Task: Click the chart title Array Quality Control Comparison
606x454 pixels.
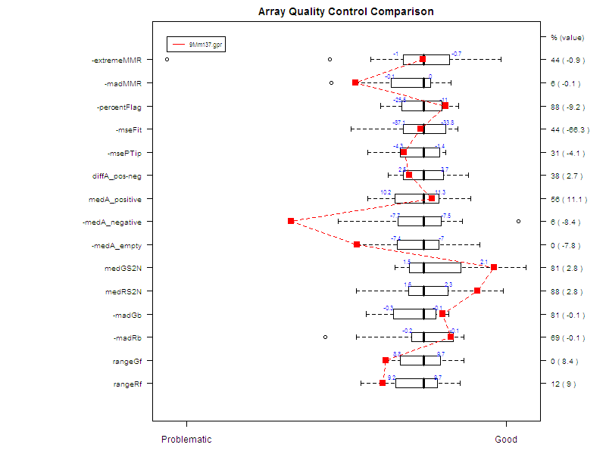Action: coord(346,12)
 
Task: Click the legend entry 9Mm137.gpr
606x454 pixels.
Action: coord(205,45)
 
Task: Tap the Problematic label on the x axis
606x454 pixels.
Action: coord(186,440)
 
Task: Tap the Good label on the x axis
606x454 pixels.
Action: coord(506,440)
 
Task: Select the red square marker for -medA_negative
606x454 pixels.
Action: coord(291,221)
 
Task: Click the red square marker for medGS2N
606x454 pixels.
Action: coord(494,267)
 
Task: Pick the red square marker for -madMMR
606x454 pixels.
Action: coord(355,82)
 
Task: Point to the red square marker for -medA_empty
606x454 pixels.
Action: coord(357,244)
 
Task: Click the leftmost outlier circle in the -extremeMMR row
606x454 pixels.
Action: coord(167,59)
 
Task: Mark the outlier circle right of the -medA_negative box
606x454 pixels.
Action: coord(518,222)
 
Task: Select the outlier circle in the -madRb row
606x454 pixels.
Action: coord(326,337)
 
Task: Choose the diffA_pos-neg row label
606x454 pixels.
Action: coord(121,176)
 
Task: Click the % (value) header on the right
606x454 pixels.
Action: coord(567,37)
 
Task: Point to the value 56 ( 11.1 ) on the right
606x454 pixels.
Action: coord(569,200)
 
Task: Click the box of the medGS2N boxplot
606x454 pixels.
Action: coord(435,268)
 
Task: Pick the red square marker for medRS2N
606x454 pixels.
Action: coord(477,291)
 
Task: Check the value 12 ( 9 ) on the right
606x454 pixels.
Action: coord(564,384)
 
